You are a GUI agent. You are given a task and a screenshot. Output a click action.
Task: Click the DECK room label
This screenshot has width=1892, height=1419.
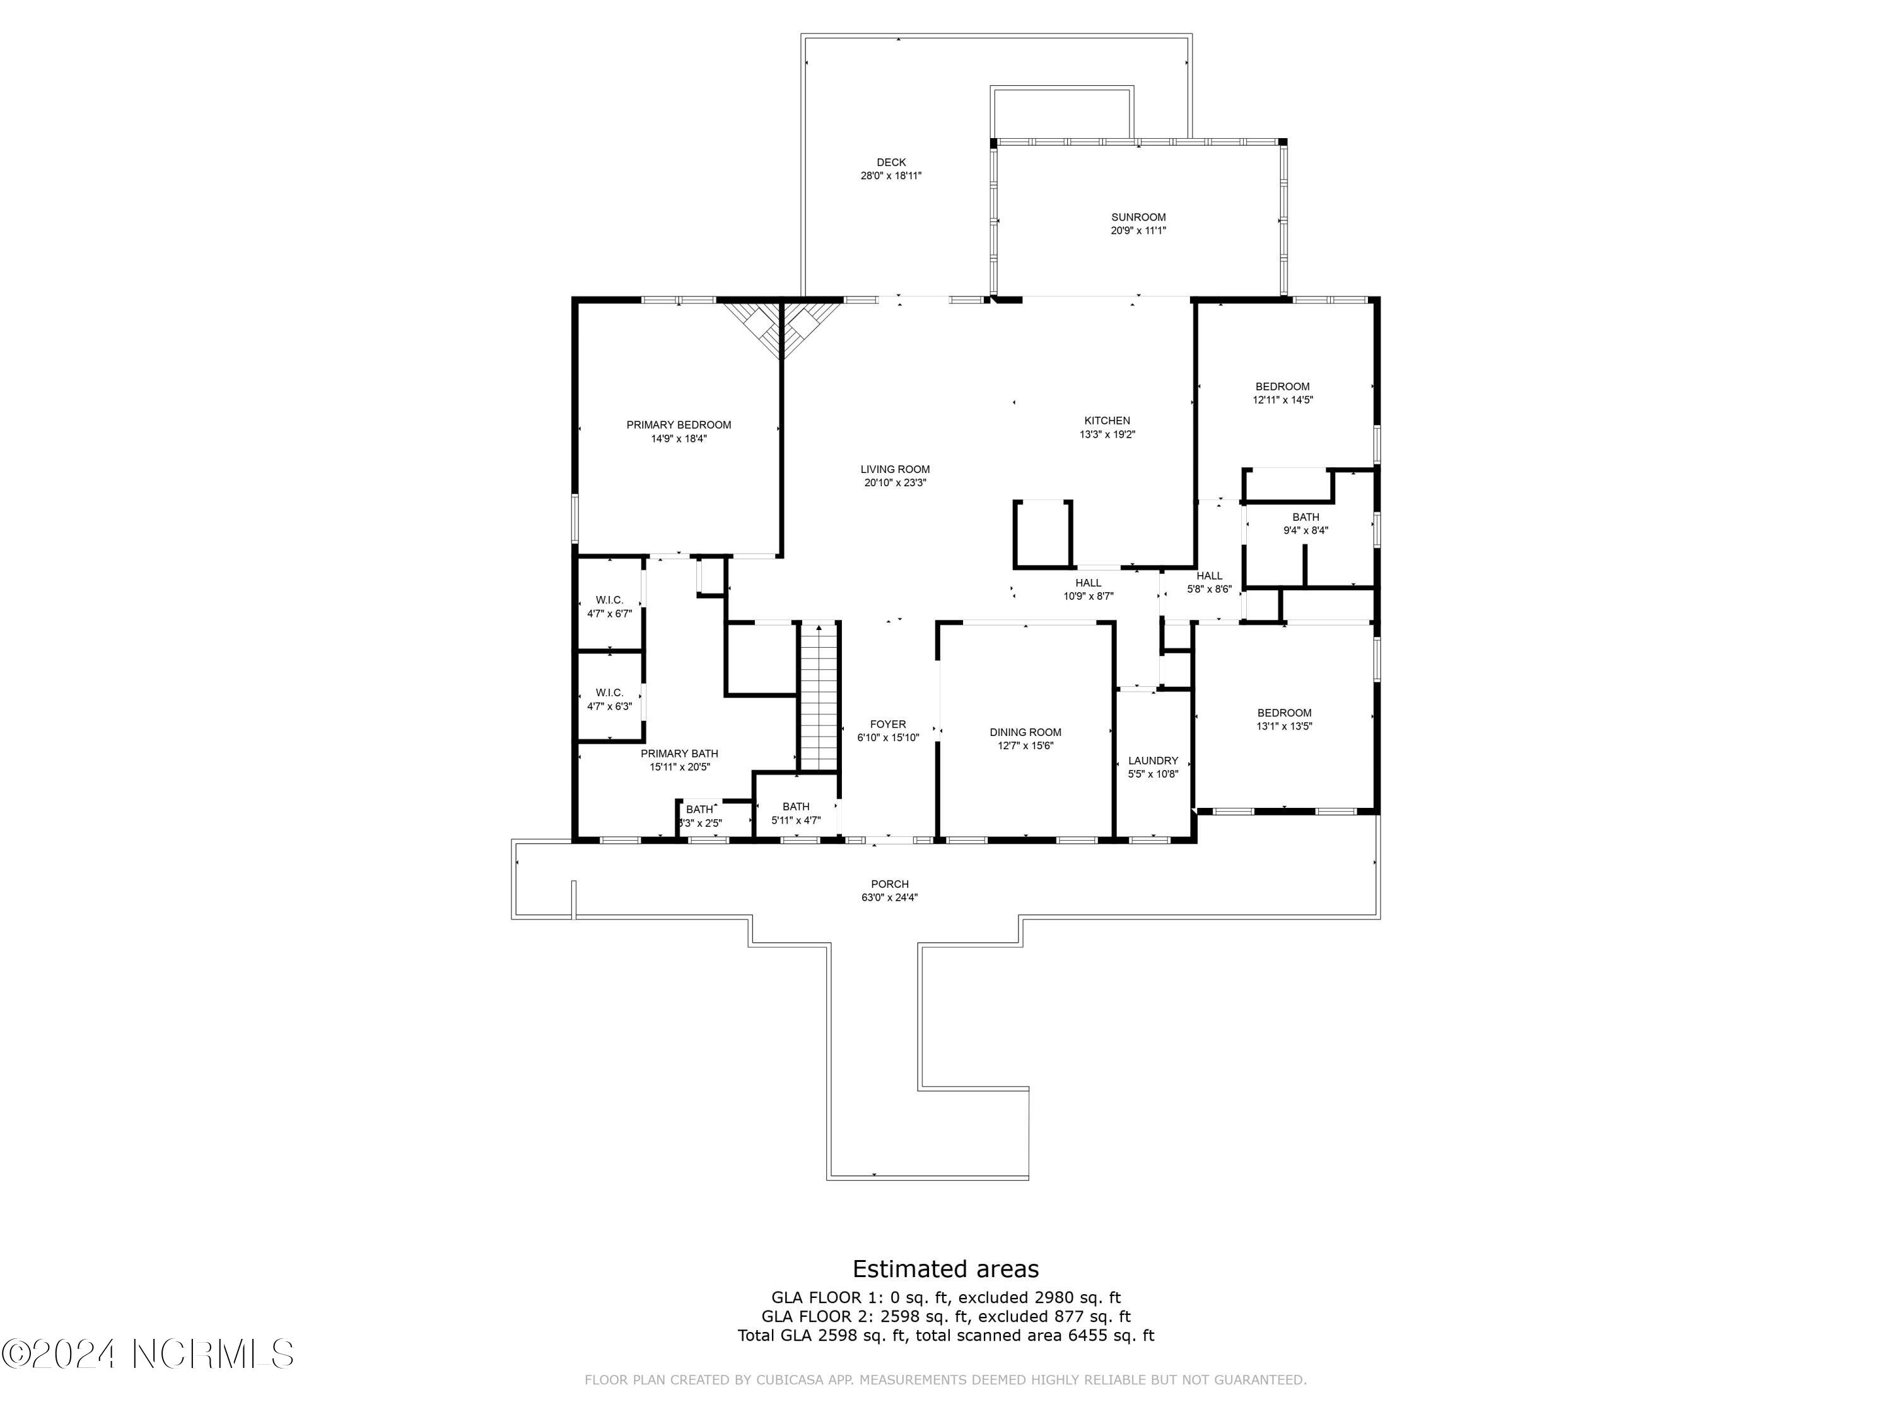tap(891, 161)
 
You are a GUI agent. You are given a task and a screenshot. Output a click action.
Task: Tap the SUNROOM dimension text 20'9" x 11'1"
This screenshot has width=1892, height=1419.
tap(1138, 230)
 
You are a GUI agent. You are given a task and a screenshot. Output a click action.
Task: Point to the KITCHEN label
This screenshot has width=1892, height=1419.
tap(1107, 421)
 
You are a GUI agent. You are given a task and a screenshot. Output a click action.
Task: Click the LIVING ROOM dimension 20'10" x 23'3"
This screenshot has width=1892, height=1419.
tap(895, 482)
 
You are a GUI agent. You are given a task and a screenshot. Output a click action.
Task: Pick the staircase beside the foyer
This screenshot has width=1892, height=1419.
tap(819, 697)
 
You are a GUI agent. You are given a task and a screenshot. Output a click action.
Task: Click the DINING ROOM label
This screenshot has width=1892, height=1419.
tap(1025, 732)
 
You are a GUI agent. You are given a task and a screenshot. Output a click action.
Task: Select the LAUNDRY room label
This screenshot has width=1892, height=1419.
tap(1152, 761)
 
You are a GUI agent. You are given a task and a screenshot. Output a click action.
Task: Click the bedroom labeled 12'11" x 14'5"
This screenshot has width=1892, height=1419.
tap(1282, 393)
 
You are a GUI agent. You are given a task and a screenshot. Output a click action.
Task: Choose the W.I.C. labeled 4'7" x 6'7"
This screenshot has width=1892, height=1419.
tap(609, 607)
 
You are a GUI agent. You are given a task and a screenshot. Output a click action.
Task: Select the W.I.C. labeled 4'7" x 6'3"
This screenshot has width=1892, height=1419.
tap(609, 699)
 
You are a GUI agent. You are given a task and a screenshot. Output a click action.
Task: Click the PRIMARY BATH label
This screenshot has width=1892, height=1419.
tap(679, 754)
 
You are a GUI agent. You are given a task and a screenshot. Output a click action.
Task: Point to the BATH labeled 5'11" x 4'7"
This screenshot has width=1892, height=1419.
tap(795, 812)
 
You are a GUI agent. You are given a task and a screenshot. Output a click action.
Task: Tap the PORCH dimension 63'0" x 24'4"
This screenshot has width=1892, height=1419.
tap(889, 897)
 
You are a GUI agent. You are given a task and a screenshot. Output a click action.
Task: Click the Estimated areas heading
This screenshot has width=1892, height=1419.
tap(945, 1268)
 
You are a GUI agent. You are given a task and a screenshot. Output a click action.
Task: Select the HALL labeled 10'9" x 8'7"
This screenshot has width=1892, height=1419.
tap(1088, 589)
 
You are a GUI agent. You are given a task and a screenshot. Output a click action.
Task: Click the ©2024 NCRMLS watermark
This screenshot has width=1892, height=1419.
tap(148, 1354)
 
